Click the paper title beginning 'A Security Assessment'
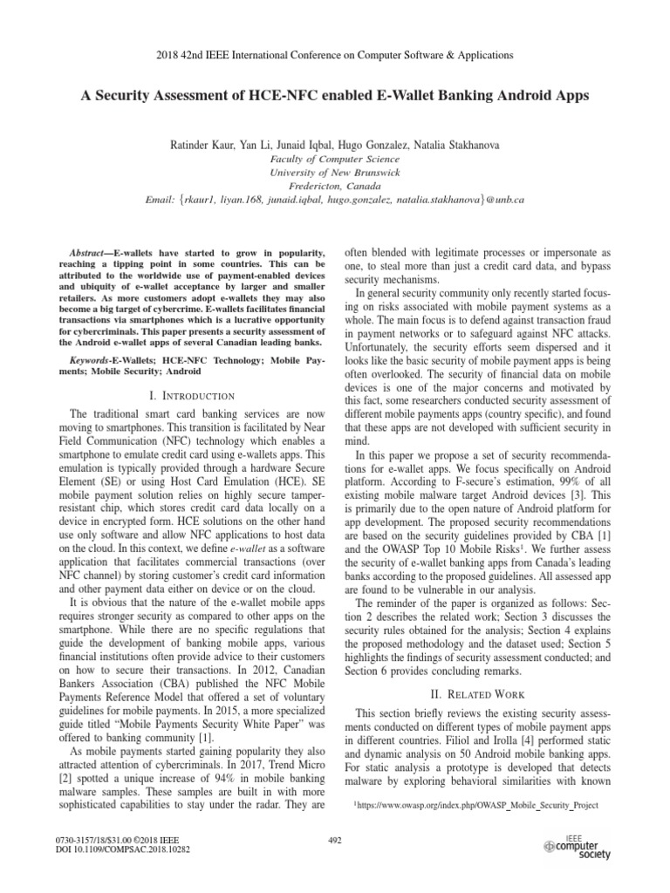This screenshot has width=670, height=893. pyautogui.click(x=334, y=96)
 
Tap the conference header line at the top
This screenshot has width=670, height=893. pyautogui.click(x=334, y=54)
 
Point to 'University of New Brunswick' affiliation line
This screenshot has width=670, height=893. pyautogui.click(x=334, y=173)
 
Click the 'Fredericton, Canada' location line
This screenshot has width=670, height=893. pyautogui.click(x=334, y=187)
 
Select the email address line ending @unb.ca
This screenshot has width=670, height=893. pyautogui.click(x=334, y=201)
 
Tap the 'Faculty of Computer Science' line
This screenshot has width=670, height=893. pyautogui.click(x=334, y=159)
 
